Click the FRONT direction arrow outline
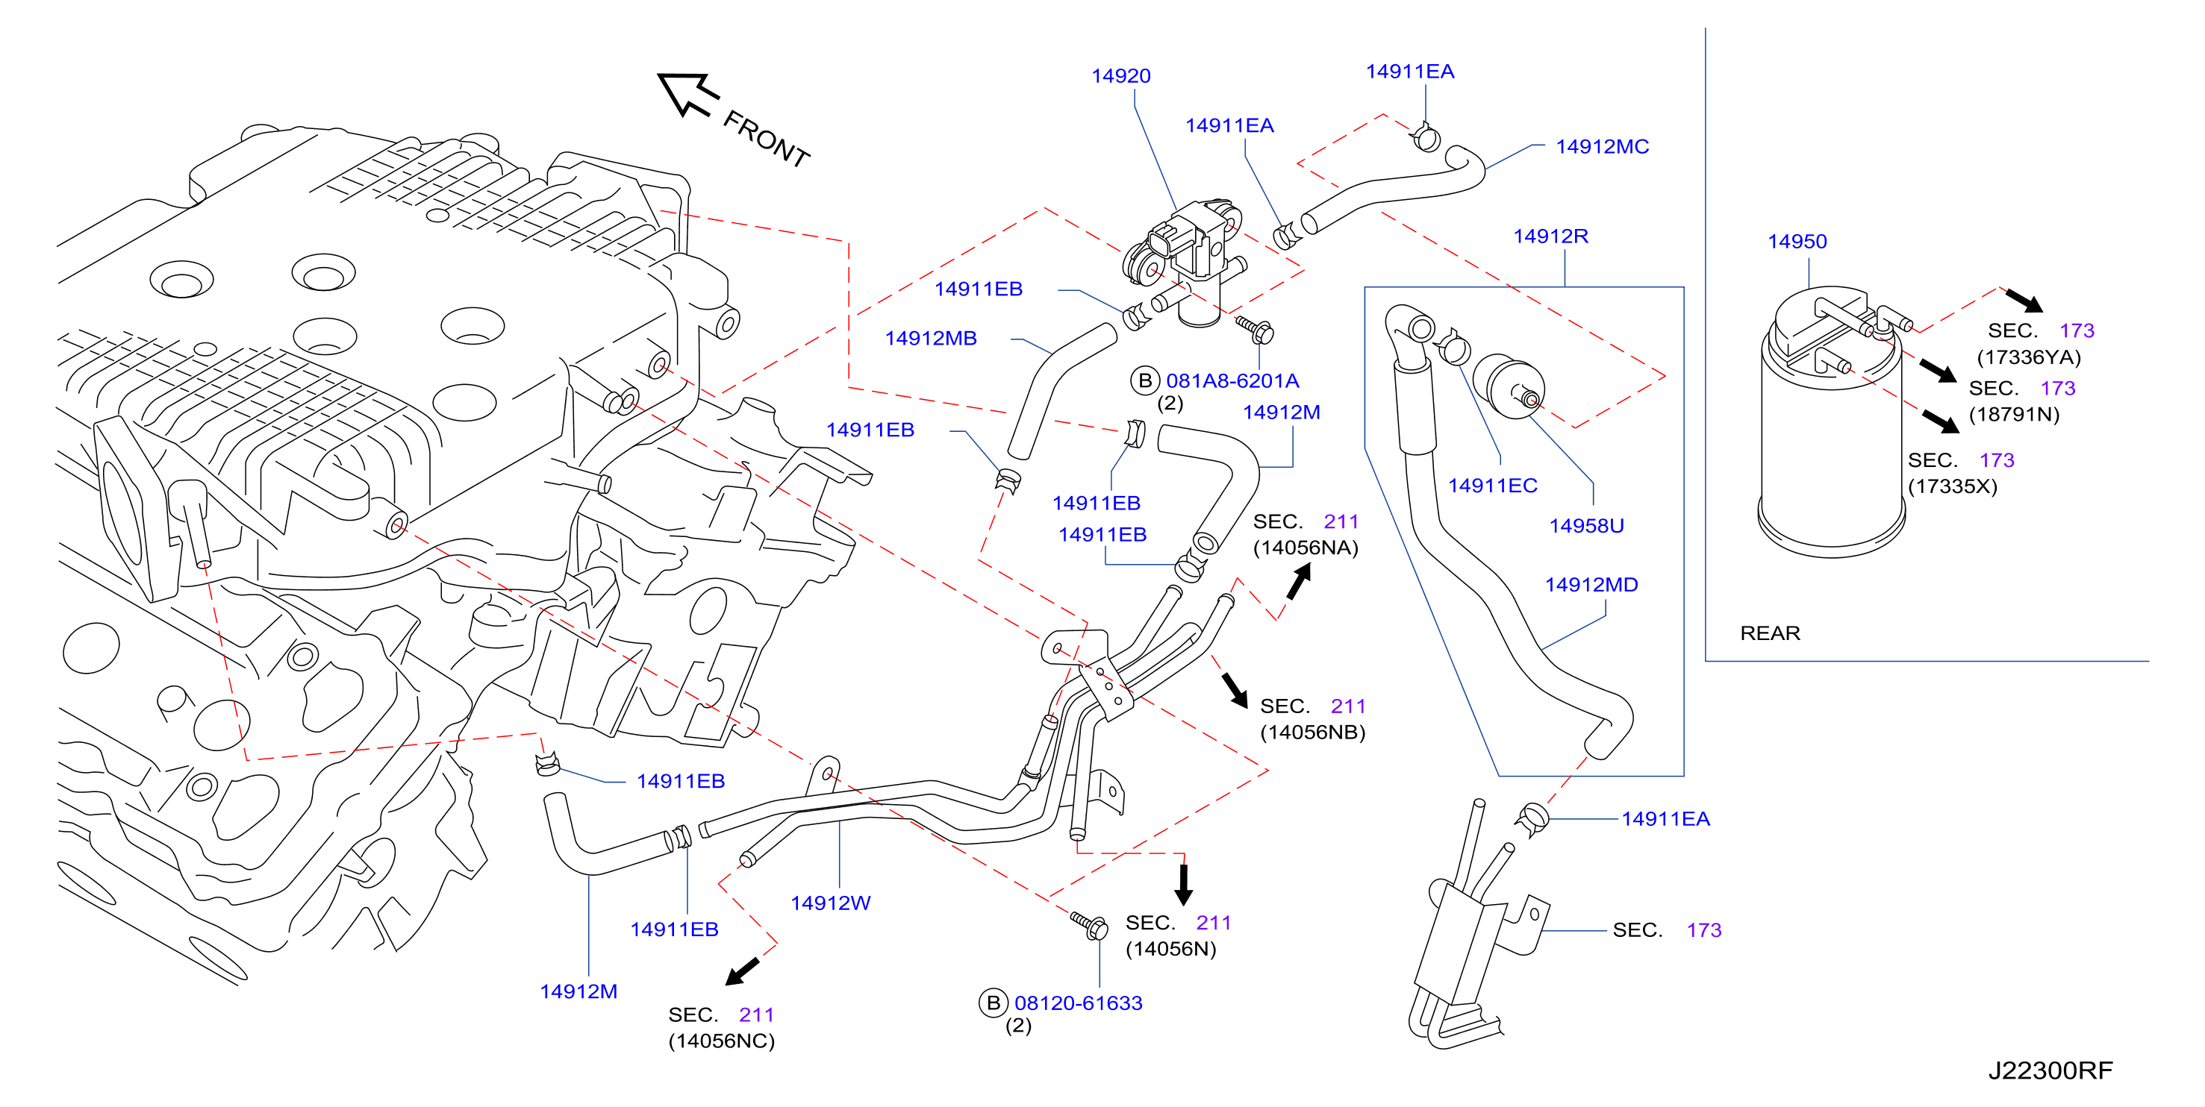point(687,93)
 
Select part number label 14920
point(1120,76)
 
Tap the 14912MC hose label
point(1602,147)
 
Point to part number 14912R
point(1550,236)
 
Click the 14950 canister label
point(1797,242)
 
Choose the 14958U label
point(1586,526)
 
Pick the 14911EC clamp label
point(1492,486)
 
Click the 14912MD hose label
point(1591,585)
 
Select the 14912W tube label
point(830,903)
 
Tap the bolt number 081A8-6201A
point(1232,381)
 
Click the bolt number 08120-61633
point(1078,1003)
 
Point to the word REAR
point(1769,634)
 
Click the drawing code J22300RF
point(2050,1071)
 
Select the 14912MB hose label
point(931,339)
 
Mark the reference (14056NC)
point(721,1042)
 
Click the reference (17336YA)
point(2028,357)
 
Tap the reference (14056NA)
point(1306,548)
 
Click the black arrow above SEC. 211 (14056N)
point(1183,885)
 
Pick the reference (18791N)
point(2014,415)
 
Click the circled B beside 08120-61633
point(993,1003)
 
